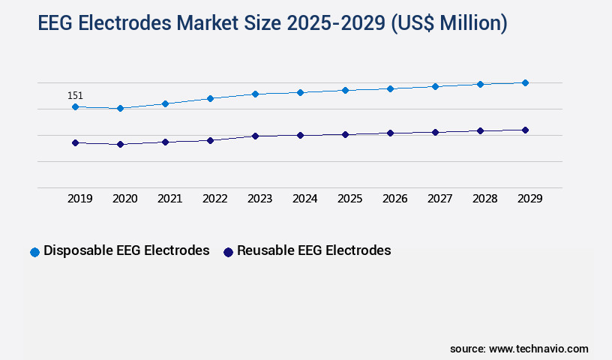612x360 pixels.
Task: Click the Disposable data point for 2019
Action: pyautogui.click(x=75, y=107)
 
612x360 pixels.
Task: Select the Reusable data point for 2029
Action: pyautogui.click(x=525, y=130)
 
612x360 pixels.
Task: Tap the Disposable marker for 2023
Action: pyautogui.click(x=255, y=94)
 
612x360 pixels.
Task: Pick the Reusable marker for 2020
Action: pyautogui.click(x=120, y=144)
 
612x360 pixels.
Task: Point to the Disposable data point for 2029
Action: pyautogui.click(x=525, y=82)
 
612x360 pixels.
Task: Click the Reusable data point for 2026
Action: pyautogui.click(x=390, y=133)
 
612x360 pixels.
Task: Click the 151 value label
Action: pyautogui.click(x=75, y=95)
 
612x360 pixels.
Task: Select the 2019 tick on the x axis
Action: pyautogui.click(x=80, y=199)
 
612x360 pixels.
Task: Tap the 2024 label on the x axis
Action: pyautogui.click(x=305, y=199)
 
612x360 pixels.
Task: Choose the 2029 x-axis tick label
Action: pyautogui.click(x=530, y=199)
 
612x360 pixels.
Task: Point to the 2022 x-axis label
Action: pyautogui.click(x=215, y=199)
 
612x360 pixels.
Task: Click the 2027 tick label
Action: pyautogui.click(x=440, y=199)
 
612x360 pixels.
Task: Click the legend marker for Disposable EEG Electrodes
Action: pyautogui.click(x=34, y=252)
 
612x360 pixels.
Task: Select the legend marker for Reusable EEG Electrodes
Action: pyautogui.click(x=228, y=252)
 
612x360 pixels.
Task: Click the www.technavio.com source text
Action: pyautogui.click(x=538, y=349)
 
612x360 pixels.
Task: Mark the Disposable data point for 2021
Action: pyautogui.click(x=165, y=103)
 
